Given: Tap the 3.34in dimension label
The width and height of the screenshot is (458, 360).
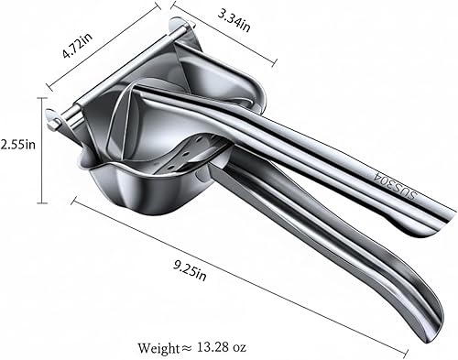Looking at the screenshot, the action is [x=234, y=20].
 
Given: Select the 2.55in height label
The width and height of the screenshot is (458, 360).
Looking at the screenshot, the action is [x=17, y=145].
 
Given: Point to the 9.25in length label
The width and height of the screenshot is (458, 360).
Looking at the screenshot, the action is [x=190, y=270].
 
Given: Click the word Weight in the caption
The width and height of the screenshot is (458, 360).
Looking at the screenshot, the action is [x=158, y=348].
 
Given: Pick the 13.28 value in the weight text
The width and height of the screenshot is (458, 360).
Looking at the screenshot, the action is [x=212, y=347].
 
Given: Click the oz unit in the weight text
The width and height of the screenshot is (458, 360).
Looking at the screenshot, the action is [x=238, y=348].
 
